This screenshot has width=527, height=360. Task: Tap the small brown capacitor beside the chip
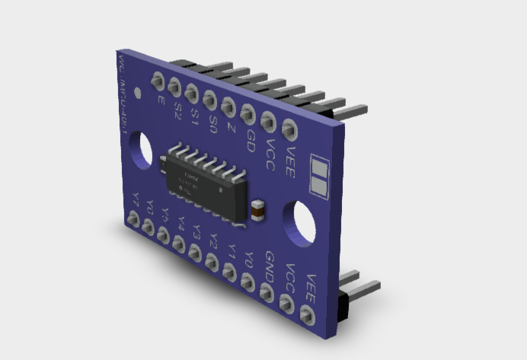257,209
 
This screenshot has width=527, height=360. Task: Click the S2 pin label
177,110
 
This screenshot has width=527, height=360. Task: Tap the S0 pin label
213,122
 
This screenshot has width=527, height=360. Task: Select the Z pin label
231,127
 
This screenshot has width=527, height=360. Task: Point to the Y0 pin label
249,258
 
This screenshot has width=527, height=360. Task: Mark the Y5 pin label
165,215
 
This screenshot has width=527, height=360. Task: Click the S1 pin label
195,116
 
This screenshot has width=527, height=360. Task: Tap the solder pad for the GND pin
267,291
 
